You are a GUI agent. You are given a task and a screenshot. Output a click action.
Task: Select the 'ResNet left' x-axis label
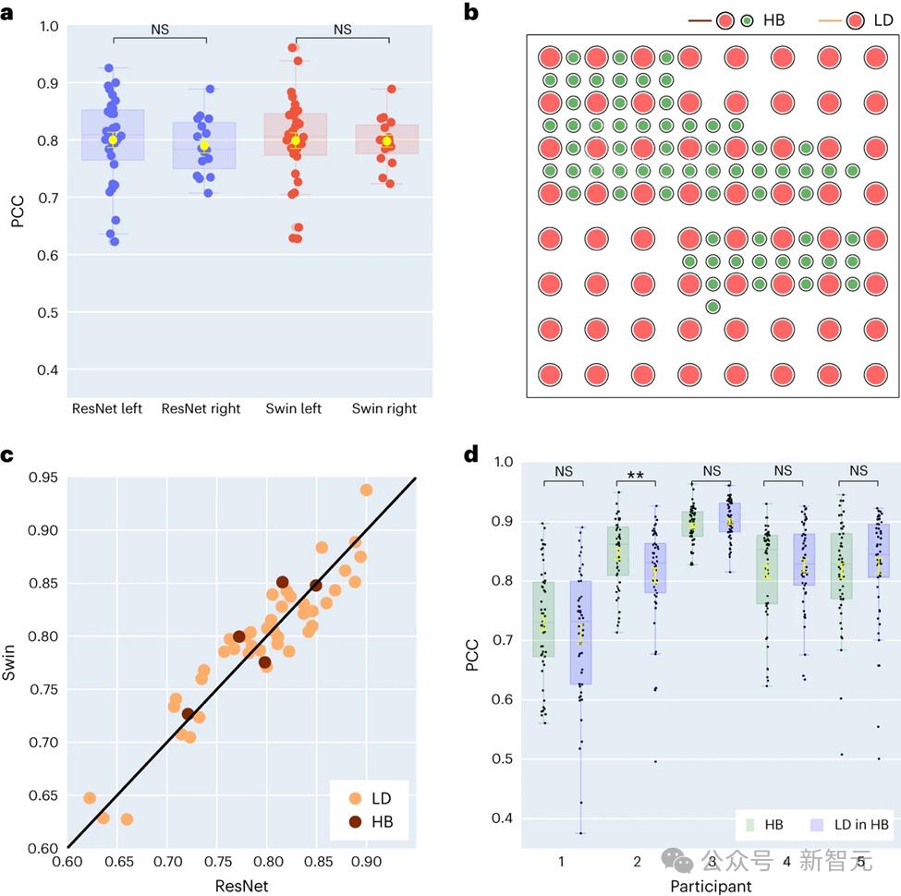point(106,408)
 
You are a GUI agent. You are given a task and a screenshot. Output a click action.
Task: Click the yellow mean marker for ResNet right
point(204,145)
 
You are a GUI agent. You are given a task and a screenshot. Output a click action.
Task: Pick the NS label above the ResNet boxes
point(159,30)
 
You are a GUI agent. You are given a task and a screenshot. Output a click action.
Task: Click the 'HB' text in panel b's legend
point(774,19)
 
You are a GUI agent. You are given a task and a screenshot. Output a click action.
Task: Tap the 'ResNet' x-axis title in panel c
point(242,884)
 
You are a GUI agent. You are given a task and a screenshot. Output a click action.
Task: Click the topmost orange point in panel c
point(366,490)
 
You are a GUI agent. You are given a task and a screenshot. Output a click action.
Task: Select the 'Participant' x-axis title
point(710,886)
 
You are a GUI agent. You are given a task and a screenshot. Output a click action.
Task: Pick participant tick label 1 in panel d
point(561,862)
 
